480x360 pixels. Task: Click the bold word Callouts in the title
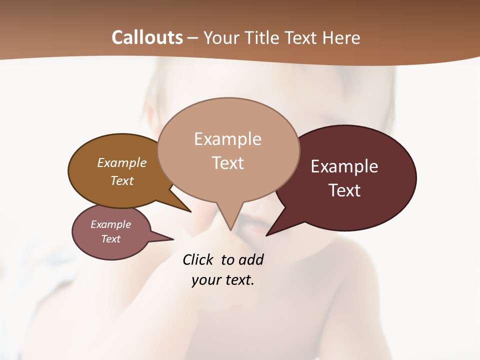147,37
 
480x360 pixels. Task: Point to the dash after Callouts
193,38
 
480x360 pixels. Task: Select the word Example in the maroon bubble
344,166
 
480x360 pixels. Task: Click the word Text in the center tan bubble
228,163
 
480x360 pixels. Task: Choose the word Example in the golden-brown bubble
122,162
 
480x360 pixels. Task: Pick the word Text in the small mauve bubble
111,239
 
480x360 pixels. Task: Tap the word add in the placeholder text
251,259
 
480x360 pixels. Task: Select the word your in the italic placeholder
206,280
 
